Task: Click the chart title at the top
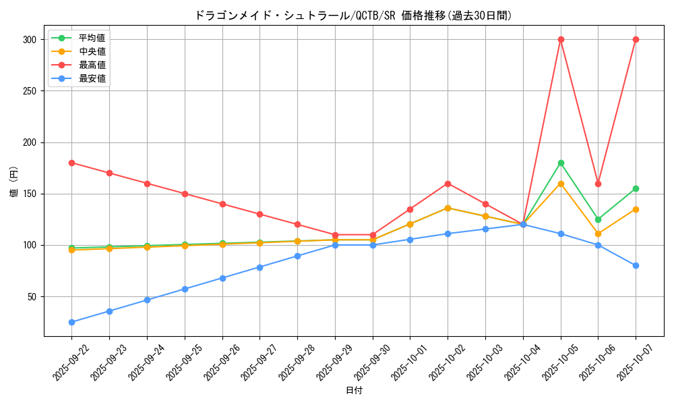pos(353,16)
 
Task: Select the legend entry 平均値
pos(92,38)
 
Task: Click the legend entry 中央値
pos(92,51)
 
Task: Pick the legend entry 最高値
pos(92,65)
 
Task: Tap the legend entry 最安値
pos(92,78)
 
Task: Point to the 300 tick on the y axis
pos(30,40)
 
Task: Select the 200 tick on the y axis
pos(30,142)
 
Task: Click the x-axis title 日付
pos(354,391)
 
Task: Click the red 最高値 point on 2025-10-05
pos(561,39)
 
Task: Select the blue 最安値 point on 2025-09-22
pos(71,322)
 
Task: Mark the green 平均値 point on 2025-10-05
pos(561,163)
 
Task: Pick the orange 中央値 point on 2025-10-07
pos(636,209)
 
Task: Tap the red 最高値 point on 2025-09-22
pos(71,163)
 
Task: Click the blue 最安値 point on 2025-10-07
pos(636,265)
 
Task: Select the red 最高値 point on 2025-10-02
pos(448,184)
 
